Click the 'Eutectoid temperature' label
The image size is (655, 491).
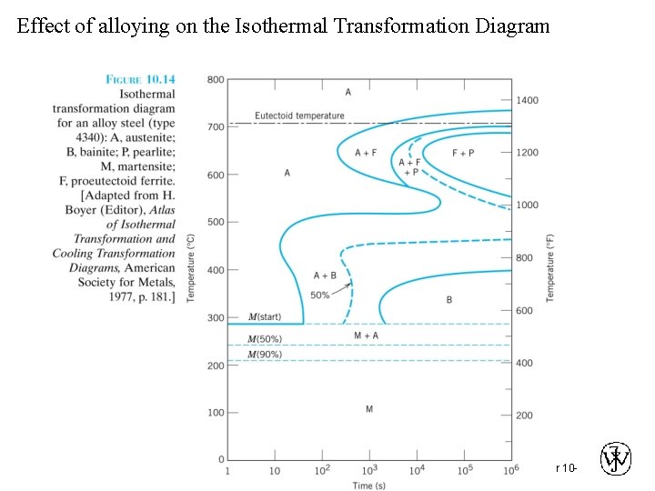click(x=300, y=115)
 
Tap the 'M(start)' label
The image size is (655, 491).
click(x=265, y=317)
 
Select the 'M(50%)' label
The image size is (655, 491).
click(x=265, y=339)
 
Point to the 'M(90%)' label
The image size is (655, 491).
click(x=265, y=354)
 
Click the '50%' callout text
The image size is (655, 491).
click(x=319, y=295)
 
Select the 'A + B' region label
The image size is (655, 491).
click(x=325, y=276)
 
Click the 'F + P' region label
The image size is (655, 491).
click(x=463, y=153)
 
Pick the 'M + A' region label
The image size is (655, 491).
click(x=367, y=336)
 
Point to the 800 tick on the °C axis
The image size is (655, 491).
click(x=215, y=79)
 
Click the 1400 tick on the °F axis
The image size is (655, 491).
click(x=528, y=100)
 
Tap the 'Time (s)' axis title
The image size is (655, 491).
click(x=369, y=485)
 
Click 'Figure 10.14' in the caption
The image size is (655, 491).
click(x=141, y=79)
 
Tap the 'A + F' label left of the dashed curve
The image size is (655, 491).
click(x=365, y=153)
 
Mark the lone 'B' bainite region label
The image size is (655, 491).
click(x=448, y=299)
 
